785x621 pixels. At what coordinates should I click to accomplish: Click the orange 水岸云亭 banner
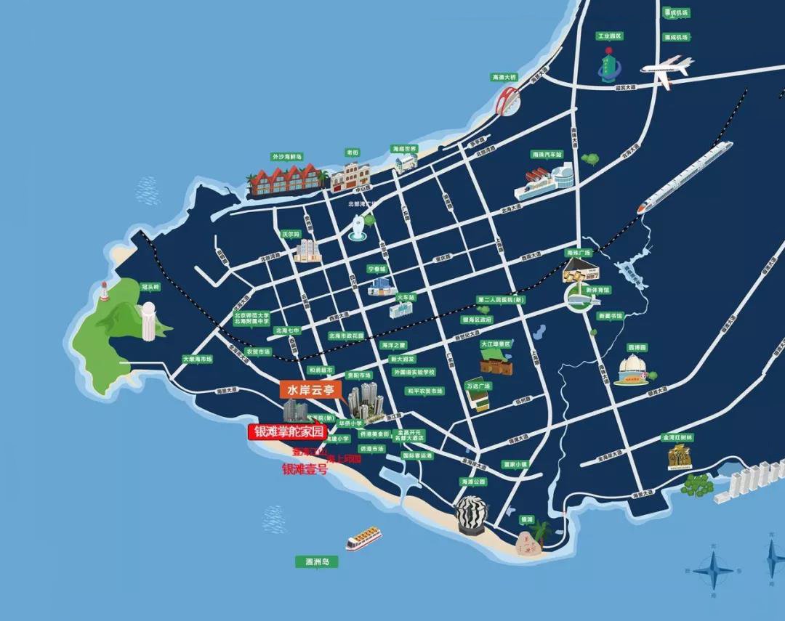click(x=310, y=390)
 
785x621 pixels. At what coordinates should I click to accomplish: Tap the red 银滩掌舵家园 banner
click(x=287, y=431)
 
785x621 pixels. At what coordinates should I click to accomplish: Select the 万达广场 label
click(x=480, y=386)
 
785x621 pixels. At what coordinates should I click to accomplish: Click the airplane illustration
click(x=667, y=68)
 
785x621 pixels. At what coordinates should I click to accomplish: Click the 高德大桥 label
click(x=504, y=76)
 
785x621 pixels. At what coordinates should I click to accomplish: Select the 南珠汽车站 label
click(x=547, y=155)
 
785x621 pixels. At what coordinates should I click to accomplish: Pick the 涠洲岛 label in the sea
click(x=318, y=561)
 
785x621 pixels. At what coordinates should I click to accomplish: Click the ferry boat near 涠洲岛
click(x=363, y=538)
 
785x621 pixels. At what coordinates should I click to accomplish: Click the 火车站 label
click(x=406, y=297)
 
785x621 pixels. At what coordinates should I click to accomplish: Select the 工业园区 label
click(x=610, y=36)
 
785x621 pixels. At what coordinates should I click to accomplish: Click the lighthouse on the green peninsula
click(x=105, y=291)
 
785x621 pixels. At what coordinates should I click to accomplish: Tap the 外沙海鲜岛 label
click(x=286, y=156)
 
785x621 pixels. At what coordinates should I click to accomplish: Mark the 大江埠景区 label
click(x=496, y=344)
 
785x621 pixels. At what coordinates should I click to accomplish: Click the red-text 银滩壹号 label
click(x=305, y=469)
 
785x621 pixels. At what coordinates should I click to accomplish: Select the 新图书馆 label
click(x=610, y=316)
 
